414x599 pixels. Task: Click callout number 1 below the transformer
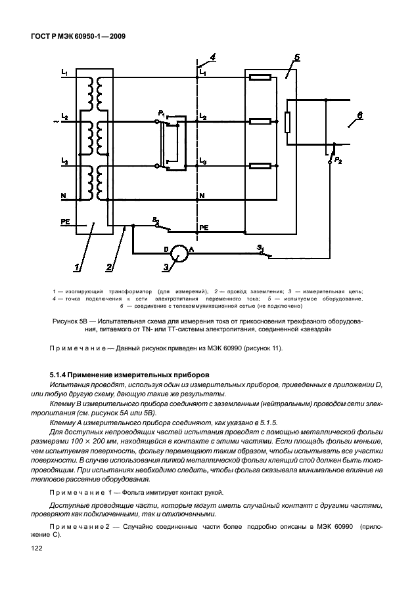coord(78,267)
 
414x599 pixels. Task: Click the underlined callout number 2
coord(109,267)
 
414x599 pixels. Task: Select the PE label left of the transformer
coord(65,222)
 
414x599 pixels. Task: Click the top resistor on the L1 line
coord(261,77)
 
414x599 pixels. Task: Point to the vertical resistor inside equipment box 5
coord(287,122)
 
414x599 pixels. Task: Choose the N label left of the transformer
coord(63,196)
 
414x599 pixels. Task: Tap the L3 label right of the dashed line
coord(203,161)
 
